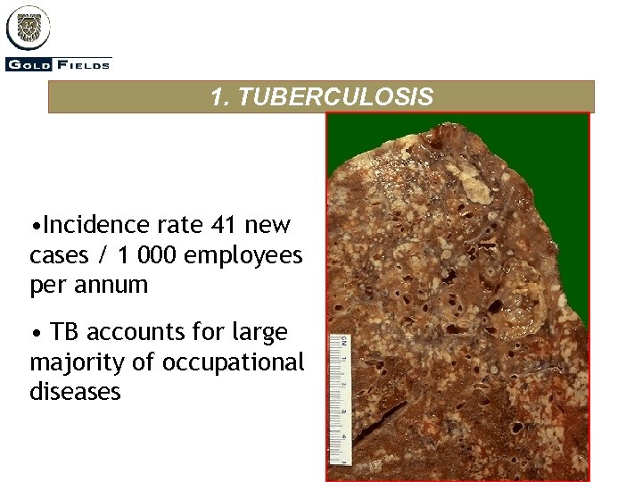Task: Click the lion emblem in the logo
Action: point(28,28)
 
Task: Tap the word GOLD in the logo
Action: point(29,63)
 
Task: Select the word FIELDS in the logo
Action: point(84,63)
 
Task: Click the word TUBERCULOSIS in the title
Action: point(336,97)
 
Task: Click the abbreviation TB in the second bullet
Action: point(65,332)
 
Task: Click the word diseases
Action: point(75,392)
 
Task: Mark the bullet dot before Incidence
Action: point(34,224)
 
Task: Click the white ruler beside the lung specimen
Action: point(339,393)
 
